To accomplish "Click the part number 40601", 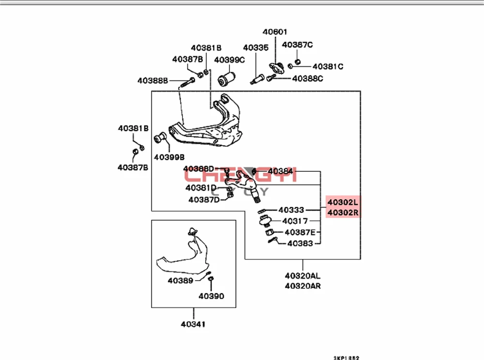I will (x=275, y=32).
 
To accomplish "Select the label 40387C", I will (x=297, y=45).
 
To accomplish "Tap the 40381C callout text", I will (x=328, y=66).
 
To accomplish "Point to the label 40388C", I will (x=308, y=78).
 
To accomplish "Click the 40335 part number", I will (x=256, y=48).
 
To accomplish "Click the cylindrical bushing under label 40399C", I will (x=227, y=77).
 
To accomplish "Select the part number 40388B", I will (x=152, y=80).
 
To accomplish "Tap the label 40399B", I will (x=169, y=157).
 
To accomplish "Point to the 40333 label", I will (x=291, y=210).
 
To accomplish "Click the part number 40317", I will (x=295, y=221).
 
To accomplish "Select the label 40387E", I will (x=300, y=233).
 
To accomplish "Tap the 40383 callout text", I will (x=300, y=244).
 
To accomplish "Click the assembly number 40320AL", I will (x=302, y=276).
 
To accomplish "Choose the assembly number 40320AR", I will (x=302, y=285).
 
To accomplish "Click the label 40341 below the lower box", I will (x=194, y=324).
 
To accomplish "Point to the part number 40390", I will (x=212, y=296).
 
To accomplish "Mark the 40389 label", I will (x=180, y=280).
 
